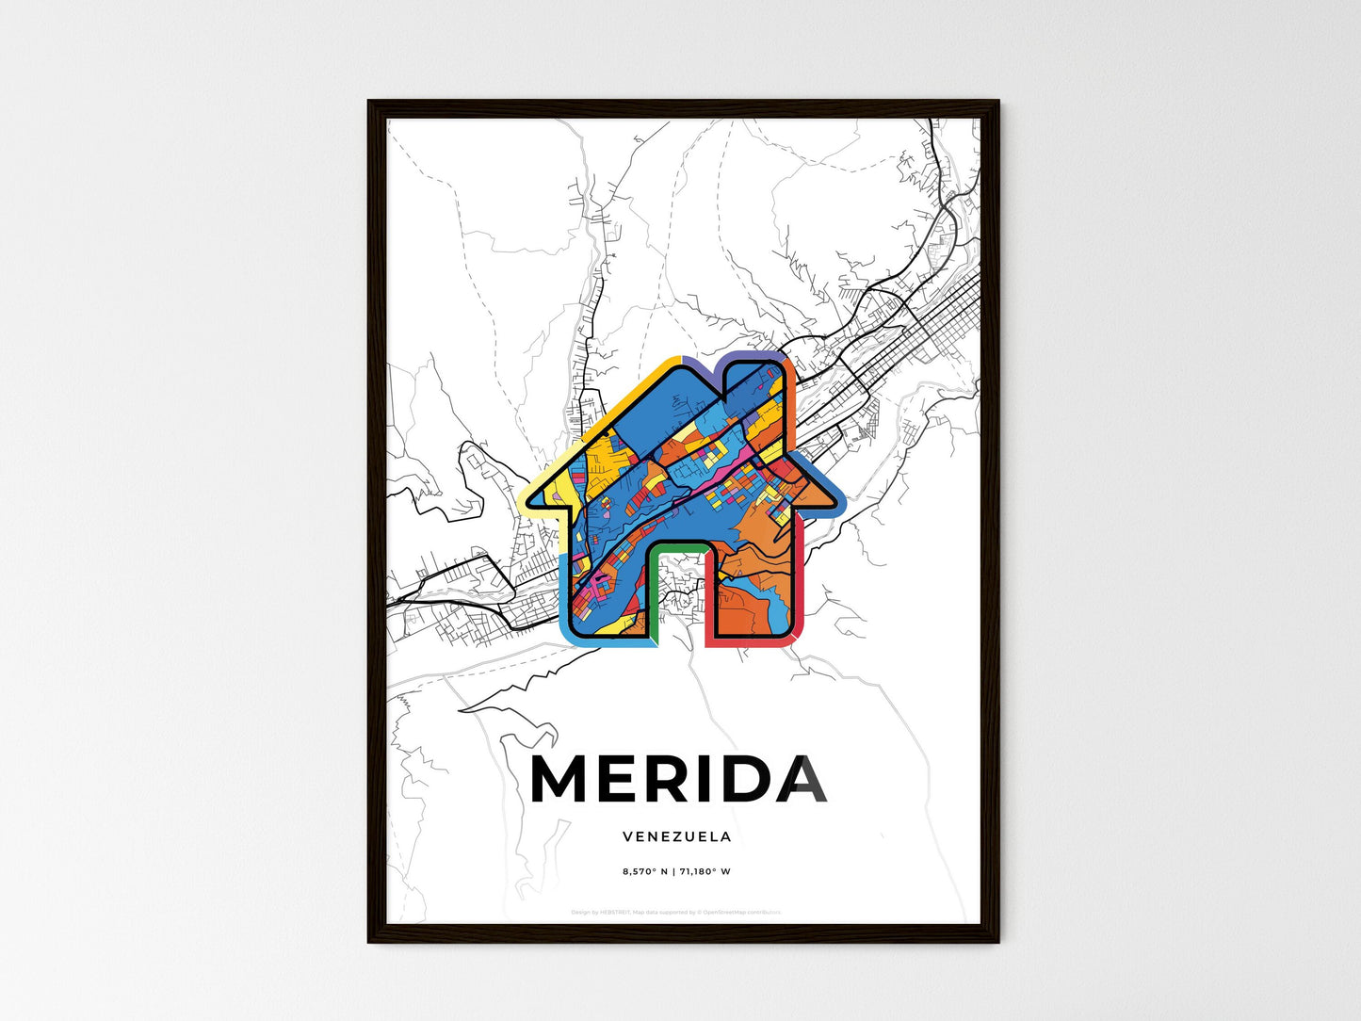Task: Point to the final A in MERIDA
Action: click(802, 779)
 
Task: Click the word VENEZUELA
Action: click(676, 836)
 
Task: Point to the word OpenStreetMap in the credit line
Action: click(732, 912)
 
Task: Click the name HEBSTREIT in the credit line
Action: click(616, 912)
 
